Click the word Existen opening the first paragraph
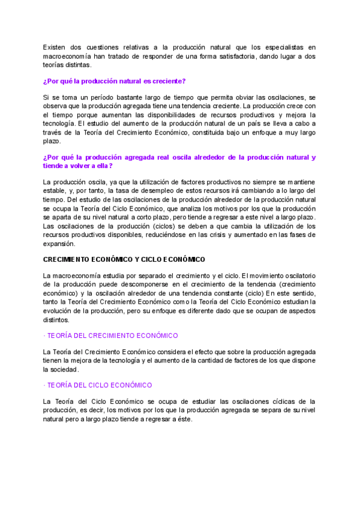[54, 47]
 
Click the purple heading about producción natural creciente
[114, 81]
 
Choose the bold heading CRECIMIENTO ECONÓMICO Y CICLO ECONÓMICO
[124, 259]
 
